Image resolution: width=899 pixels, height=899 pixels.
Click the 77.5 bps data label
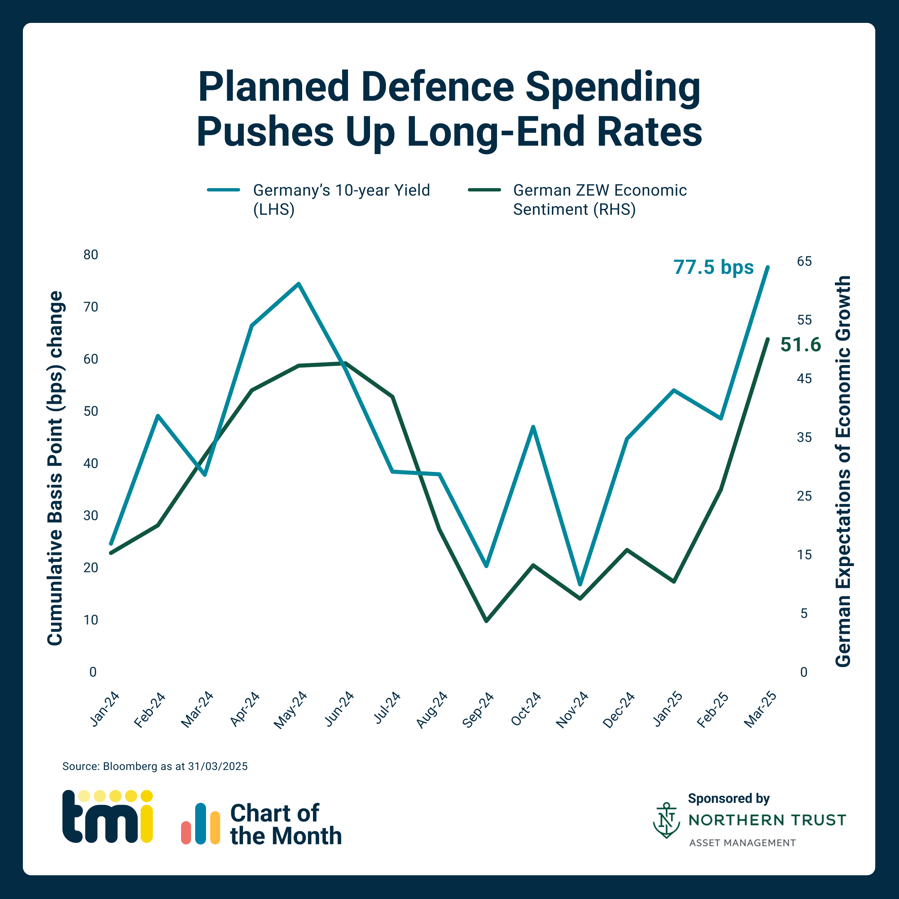[713, 268]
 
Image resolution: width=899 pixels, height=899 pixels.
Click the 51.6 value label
[800, 345]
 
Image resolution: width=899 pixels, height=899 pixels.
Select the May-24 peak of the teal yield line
[299, 283]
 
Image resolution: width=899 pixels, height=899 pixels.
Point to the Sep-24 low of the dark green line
[486, 621]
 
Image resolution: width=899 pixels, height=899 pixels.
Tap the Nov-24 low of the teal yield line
[580, 584]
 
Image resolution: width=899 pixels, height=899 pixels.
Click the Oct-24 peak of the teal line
[533, 427]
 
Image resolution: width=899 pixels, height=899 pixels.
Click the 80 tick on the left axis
[91, 255]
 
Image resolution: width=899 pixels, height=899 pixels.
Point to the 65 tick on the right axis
[804, 261]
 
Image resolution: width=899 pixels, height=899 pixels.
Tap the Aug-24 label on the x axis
[431, 710]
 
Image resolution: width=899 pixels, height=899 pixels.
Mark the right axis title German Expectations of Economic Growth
[843, 471]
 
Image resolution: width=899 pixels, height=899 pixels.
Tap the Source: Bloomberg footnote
[155, 766]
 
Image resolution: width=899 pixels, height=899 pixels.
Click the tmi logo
[107, 817]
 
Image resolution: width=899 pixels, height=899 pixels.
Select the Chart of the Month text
[285, 824]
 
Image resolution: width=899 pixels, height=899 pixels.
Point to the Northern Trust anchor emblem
[666, 820]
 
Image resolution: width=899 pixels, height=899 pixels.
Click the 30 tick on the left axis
[91, 516]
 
